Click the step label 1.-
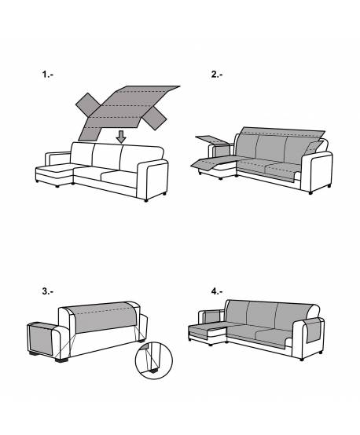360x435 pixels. pyautogui.click(x=48, y=75)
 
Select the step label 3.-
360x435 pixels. pyautogui.click(x=47, y=291)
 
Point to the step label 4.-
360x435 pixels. pyautogui.click(x=217, y=291)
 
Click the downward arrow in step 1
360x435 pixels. pyautogui.click(x=120, y=137)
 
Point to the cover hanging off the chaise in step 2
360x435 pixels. pyautogui.click(x=211, y=163)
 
